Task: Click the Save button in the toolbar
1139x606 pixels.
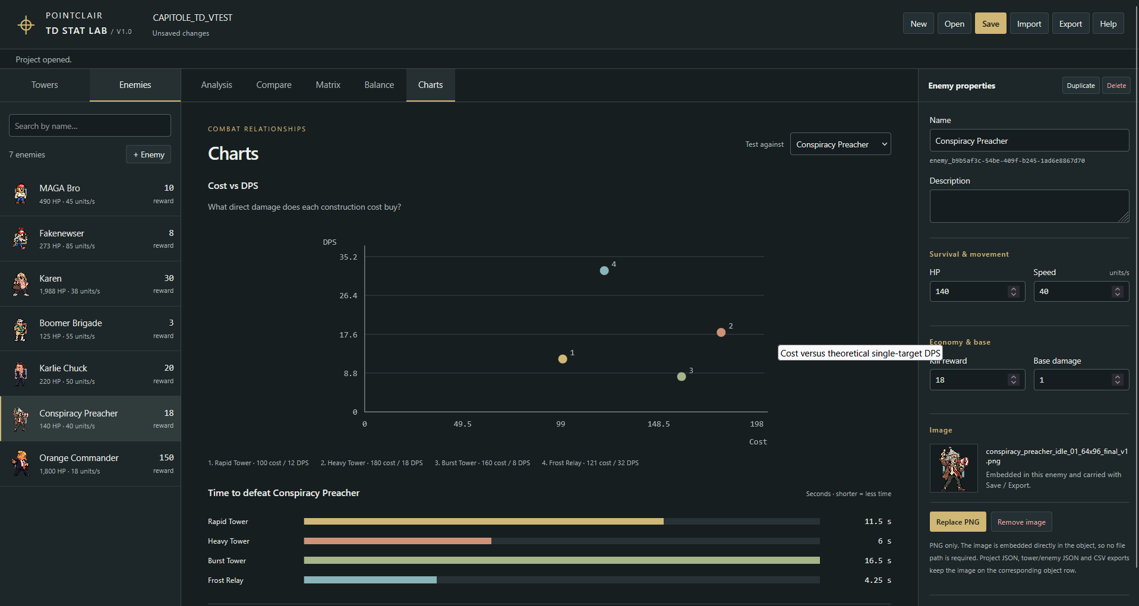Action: tap(990, 24)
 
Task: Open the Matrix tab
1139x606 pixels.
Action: tap(328, 85)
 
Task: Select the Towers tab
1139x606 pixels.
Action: tap(45, 85)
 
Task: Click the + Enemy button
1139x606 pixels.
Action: tap(149, 154)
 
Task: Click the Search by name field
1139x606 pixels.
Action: tap(90, 126)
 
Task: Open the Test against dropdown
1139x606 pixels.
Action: tap(840, 144)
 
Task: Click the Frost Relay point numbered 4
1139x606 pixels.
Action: tap(604, 270)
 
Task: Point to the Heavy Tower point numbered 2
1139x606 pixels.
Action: tap(721, 332)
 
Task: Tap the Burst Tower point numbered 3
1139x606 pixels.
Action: tap(681, 377)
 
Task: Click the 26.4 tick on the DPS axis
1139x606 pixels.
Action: tap(348, 296)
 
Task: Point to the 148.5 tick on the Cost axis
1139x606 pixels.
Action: tap(658, 424)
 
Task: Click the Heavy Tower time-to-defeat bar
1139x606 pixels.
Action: tap(397, 541)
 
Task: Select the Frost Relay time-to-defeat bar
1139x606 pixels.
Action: tap(370, 580)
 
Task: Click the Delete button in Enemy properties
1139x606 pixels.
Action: tap(1116, 86)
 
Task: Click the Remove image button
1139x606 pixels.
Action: tap(1021, 522)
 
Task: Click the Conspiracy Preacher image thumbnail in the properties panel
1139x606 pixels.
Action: tap(954, 468)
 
